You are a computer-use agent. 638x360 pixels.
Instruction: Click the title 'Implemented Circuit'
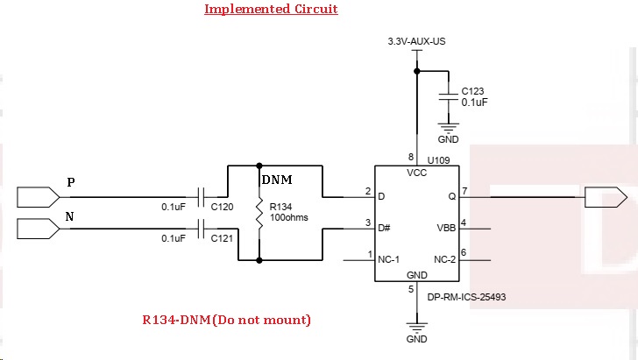[271, 9]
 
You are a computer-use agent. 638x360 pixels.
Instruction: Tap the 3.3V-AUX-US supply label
[416, 41]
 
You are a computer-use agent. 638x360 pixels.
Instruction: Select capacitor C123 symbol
[449, 97]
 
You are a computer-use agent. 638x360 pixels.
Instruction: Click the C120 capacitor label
[223, 207]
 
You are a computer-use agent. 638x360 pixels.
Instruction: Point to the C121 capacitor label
[223, 238]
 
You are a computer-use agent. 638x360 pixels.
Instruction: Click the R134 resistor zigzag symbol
[259, 213]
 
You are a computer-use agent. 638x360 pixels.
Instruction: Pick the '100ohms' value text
[289, 217]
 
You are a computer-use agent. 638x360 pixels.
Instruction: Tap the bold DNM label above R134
[277, 180]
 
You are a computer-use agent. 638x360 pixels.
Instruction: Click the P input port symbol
[39, 197]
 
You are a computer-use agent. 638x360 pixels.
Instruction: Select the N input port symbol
[39, 229]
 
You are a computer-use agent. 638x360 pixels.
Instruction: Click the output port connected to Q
[606, 197]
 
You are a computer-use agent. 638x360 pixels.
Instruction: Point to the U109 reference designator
[438, 160]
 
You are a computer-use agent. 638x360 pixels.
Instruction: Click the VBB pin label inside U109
[446, 229]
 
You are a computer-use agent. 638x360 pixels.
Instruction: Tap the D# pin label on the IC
[384, 229]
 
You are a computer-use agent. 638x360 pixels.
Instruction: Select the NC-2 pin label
[445, 259]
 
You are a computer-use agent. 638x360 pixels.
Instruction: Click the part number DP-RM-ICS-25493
[466, 297]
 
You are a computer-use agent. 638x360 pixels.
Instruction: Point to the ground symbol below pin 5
[416, 327]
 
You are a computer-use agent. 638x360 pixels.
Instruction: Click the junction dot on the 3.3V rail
[416, 71]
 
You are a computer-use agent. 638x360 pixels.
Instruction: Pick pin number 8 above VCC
[411, 157]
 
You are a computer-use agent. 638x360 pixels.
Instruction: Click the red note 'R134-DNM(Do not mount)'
[227, 320]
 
